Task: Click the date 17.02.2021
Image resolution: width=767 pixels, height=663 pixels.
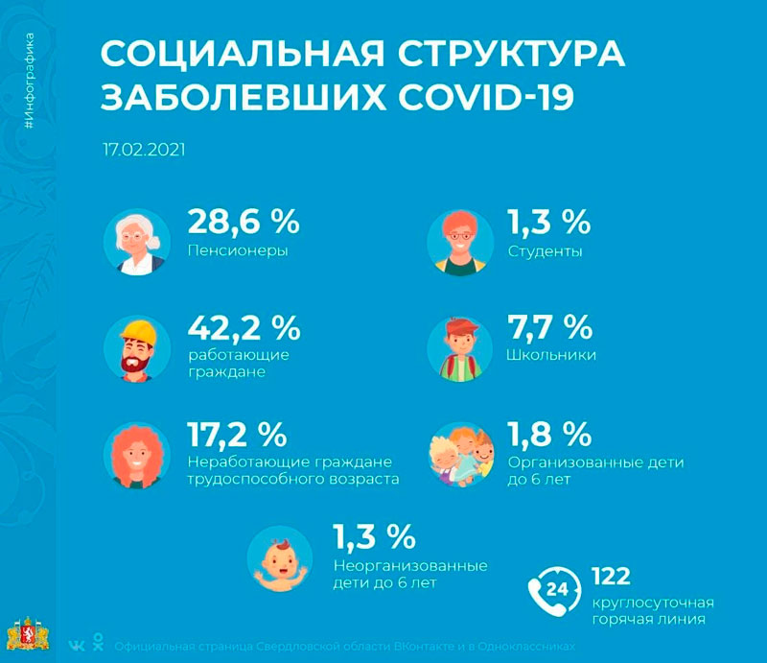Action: coord(144,151)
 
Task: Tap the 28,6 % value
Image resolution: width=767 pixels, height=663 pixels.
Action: coord(243,223)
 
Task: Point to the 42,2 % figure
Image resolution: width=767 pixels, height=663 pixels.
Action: coord(243,328)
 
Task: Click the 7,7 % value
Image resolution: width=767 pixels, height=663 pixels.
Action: coord(548,328)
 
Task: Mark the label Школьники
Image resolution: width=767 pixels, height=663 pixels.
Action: coord(551,355)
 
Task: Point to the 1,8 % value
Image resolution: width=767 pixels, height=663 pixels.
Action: coord(548,435)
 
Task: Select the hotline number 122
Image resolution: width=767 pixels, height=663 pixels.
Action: coord(611,576)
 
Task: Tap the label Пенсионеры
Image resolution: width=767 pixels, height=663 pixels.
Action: coord(238,251)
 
